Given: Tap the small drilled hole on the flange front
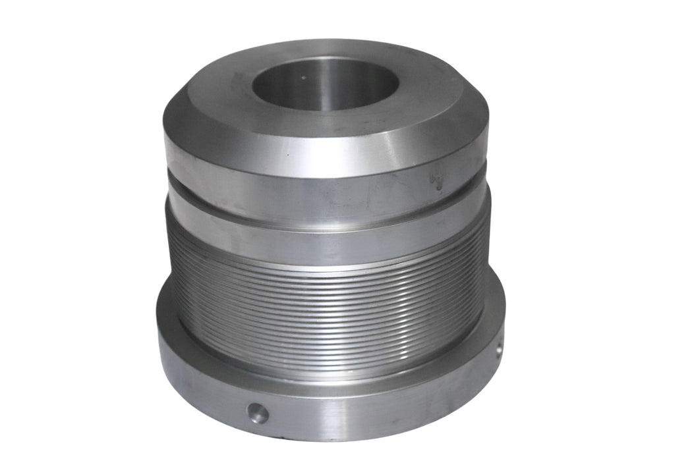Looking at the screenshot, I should pos(257,413).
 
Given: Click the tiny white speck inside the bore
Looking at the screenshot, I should pos(303,77).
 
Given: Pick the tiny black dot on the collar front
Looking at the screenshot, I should pos(287,156).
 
